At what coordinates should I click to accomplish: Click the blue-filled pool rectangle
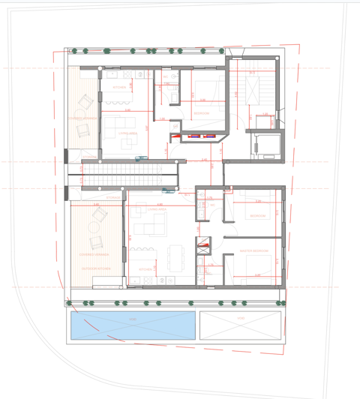point(133,325)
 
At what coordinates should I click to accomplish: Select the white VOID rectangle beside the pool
point(241,325)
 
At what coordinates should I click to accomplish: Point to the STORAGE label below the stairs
point(113,197)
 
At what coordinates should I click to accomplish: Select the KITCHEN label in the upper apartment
point(119,88)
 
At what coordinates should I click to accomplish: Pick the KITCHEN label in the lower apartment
point(146,269)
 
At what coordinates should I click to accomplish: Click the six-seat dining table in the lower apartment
point(175,257)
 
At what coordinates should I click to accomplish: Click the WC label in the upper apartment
point(172,77)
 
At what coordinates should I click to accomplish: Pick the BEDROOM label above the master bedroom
point(257,216)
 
